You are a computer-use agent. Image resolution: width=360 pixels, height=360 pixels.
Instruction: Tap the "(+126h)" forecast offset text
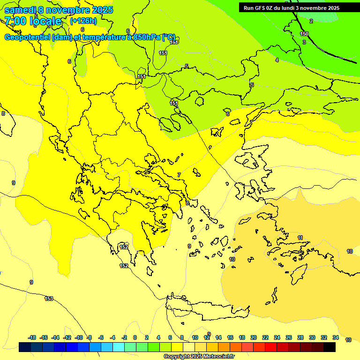(83, 21)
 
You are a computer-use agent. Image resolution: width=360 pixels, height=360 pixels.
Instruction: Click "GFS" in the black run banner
(261, 8)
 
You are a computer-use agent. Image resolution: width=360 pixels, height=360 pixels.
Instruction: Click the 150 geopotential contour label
(304, 34)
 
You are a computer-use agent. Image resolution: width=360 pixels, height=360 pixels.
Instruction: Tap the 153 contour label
(49, 299)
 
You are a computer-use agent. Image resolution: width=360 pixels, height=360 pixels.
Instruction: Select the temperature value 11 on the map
(300, 238)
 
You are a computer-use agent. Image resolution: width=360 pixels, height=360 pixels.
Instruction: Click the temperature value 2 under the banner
(311, 21)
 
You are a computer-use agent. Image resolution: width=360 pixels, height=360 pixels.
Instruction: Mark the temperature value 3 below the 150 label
(304, 42)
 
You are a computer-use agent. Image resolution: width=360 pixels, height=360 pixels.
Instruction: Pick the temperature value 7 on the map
(179, 175)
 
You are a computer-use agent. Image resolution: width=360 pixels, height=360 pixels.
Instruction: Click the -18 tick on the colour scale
(32, 337)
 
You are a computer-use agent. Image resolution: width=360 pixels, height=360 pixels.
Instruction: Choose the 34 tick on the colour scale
(336, 337)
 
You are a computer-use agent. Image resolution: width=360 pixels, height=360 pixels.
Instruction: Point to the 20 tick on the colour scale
(254, 337)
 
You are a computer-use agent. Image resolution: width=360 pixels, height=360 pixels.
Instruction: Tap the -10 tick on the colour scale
(79, 337)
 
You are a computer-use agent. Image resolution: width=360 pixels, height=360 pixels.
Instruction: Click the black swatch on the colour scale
(330, 347)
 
